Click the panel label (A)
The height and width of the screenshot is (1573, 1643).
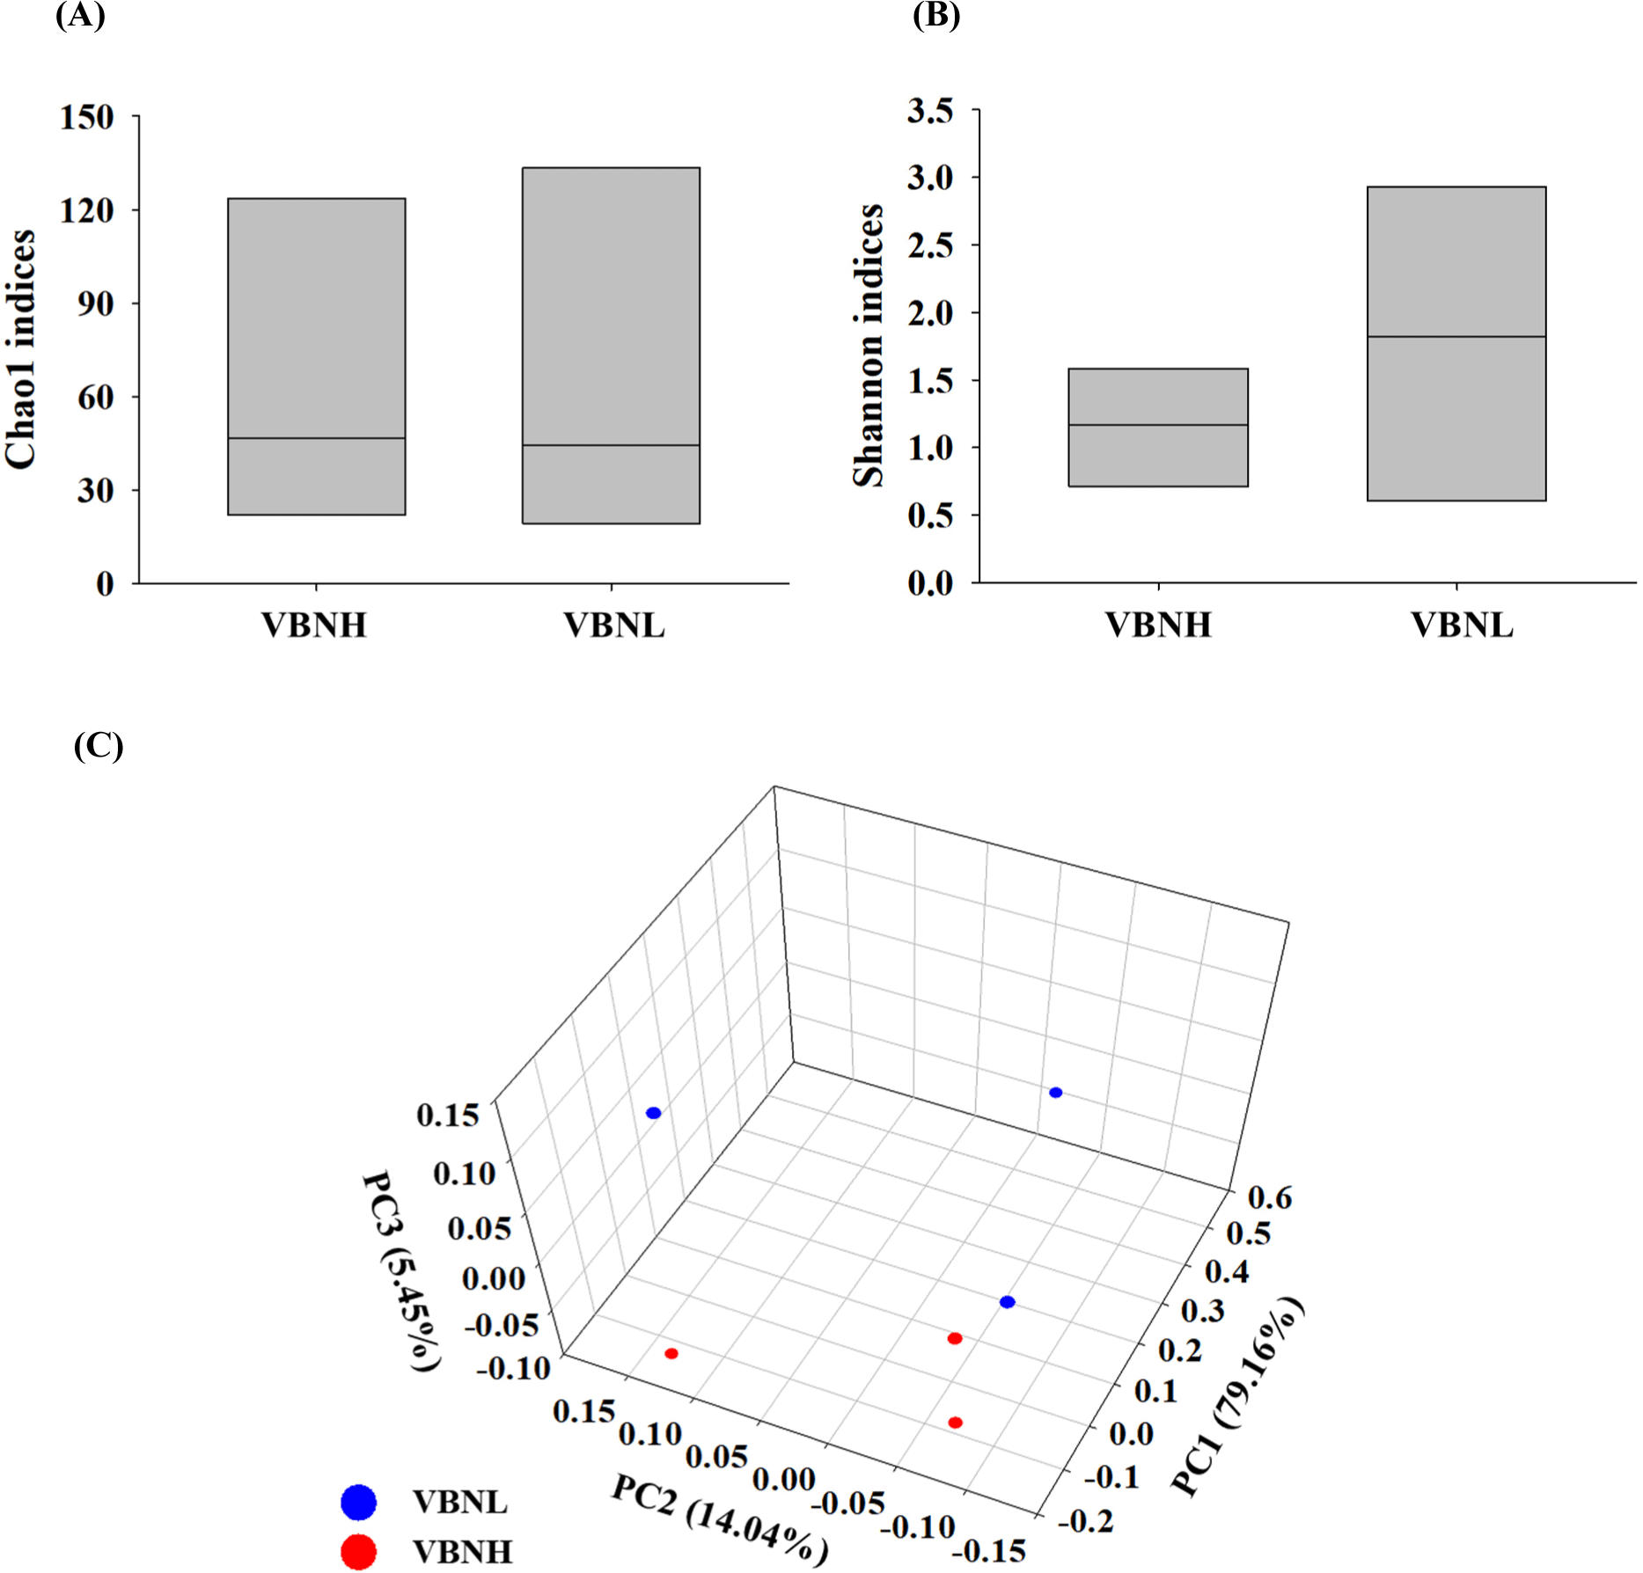pos(80,16)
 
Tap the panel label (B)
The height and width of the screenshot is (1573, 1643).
pos(936,16)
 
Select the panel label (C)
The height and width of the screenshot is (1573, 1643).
pos(99,746)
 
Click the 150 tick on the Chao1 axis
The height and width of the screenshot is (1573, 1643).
pos(87,117)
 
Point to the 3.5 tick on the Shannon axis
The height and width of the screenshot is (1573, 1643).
pos(930,112)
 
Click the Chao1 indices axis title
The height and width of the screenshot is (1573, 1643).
pos(21,348)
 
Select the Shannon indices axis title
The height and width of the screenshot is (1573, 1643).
pos(869,345)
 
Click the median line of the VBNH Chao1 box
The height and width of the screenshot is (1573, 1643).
pos(317,438)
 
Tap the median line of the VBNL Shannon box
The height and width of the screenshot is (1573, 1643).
pos(1456,337)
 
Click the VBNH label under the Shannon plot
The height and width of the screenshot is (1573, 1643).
pos(1158,626)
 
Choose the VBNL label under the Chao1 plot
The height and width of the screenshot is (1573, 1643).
pos(614,626)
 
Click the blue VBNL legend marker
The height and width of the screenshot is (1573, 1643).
pos(358,1502)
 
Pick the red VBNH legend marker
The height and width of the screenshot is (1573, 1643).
pos(358,1552)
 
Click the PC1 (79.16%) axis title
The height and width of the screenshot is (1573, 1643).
pos(1236,1397)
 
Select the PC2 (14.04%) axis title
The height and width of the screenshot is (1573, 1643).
pos(720,1520)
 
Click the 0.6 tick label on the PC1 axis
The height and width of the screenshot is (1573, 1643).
pos(1270,1197)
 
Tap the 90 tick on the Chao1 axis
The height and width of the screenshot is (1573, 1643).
pos(95,304)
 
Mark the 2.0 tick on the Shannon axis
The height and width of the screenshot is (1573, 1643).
pos(930,313)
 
